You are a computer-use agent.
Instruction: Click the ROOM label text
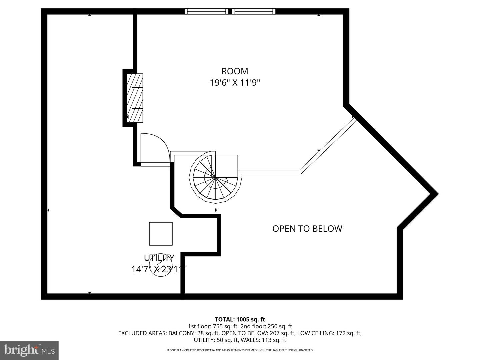click(235, 71)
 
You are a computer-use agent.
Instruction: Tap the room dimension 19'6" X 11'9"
click(235, 83)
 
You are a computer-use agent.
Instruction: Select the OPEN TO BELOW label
click(307, 229)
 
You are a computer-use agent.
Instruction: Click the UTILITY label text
click(159, 258)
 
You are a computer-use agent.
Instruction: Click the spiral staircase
click(215, 178)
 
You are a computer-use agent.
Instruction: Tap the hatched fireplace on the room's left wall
click(135, 98)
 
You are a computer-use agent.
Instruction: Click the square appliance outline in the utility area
click(161, 234)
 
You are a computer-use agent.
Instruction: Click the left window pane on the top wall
click(206, 11)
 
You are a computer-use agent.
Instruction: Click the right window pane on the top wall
click(254, 11)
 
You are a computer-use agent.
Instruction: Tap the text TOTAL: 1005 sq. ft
click(240, 320)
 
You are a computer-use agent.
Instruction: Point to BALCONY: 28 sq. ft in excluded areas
click(193, 333)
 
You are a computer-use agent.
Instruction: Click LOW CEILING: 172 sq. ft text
click(329, 333)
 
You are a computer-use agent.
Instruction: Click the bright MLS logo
click(29, 350)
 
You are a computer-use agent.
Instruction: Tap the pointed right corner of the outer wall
click(435, 194)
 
